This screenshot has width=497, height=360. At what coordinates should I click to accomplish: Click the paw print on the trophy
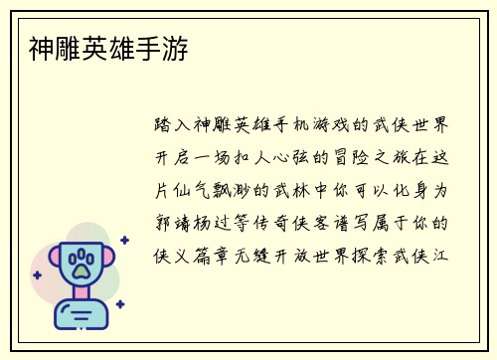click(x=83, y=264)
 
